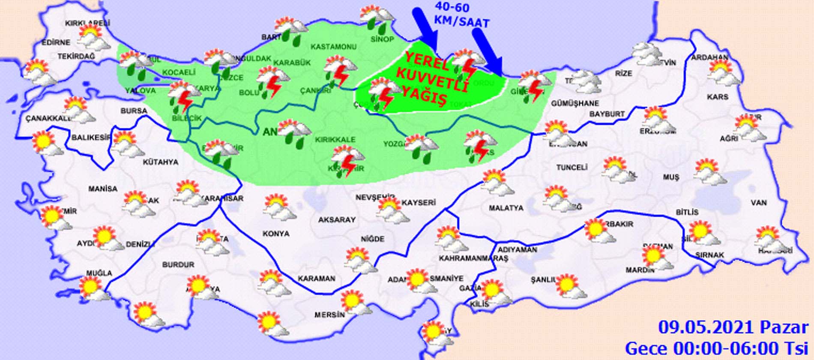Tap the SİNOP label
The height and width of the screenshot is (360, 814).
[382, 39]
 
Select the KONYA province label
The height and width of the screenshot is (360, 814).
[275, 234]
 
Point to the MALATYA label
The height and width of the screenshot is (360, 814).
[506, 208]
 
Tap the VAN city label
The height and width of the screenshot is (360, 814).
[759, 203]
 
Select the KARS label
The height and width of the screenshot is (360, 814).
[718, 97]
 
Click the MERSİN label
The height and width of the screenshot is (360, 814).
[329, 315]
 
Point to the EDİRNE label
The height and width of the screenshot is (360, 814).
[56, 42]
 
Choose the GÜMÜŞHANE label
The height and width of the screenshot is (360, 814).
[575, 103]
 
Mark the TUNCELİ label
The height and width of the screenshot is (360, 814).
[572, 168]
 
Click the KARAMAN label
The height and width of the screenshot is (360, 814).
[316, 278]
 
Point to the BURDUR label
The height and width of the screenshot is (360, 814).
[178, 265]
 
